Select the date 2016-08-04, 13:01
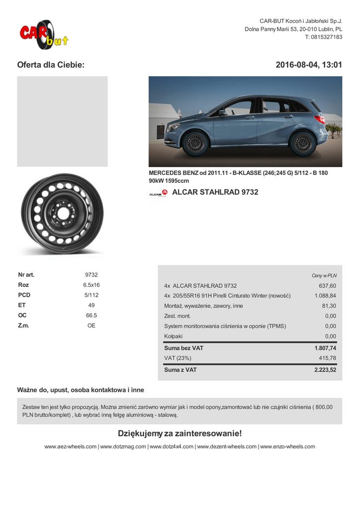[x=309, y=65]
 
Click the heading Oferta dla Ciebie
[x=51, y=65]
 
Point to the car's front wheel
[x=194, y=143]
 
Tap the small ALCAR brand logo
[x=158, y=193]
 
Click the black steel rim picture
[x=62, y=214]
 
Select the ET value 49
[x=91, y=305]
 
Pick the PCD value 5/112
[x=91, y=295]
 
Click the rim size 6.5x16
[x=91, y=285]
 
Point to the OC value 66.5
[x=91, y=316]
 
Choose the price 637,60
[x=327, y=286]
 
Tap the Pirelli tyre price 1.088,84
[x=325, y=296]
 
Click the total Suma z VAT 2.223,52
[x=325, y=370]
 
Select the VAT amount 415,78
[x=327, y=358]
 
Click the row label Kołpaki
[x=173, y=337]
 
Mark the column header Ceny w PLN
[x=324, y=275]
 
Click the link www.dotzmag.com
[x=123, y=447]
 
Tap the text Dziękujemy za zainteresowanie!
[x=180, y=433]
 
